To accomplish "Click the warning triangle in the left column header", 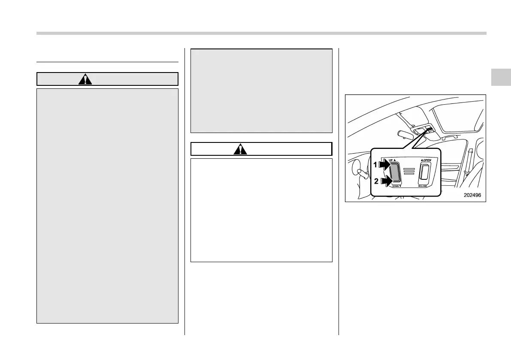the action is coord(85,79).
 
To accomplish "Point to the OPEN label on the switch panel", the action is coord(427,160).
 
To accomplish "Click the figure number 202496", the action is coord(473,195).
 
